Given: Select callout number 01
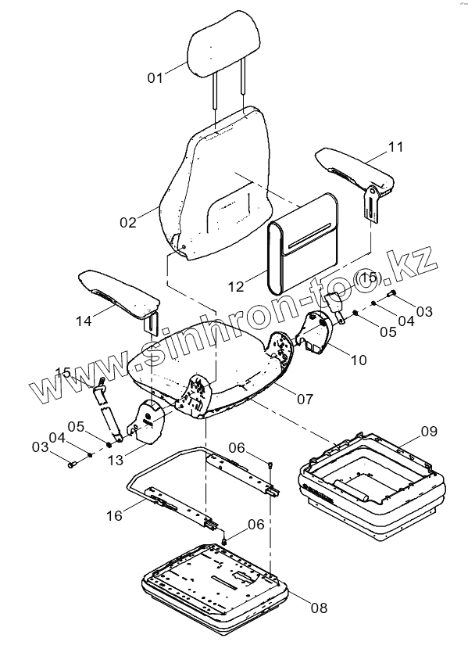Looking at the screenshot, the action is pyautogui.click(x=155, y=77).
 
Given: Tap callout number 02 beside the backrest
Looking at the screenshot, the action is pyautogui.click(x=128, y=222).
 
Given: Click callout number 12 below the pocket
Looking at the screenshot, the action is pyautogui.click(x=237, y=286).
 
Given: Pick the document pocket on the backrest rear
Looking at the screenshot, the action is pyautogui.click(x=302, y=242).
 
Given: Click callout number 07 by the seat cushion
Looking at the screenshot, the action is pyautogui.click(x=305, y=399).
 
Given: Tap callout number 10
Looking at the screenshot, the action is pyautogui.click(x=359, y=360).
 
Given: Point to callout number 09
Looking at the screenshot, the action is pyautogui.click(x=429, y=431).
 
